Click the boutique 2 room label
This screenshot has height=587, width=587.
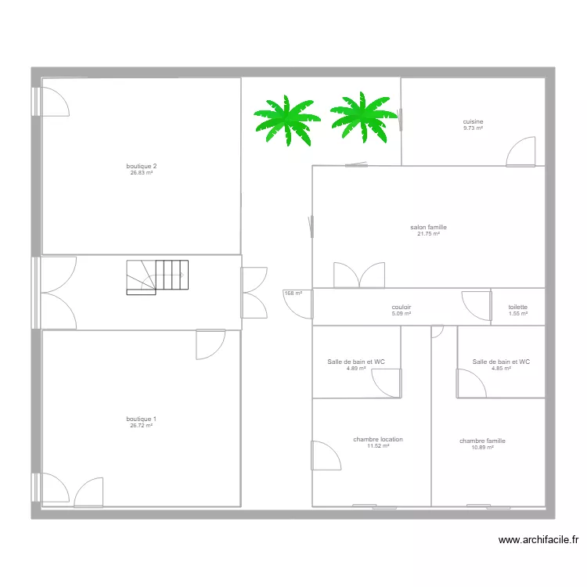(142, 166)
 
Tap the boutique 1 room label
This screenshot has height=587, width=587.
(142, 419)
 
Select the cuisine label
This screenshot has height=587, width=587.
(473, 121)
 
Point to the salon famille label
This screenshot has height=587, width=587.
(428, 227)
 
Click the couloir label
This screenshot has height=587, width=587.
(402, 308)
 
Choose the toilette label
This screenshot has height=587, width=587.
(517, 308)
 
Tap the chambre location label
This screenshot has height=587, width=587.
(378, 439)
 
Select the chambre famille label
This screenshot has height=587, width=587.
(482, 441)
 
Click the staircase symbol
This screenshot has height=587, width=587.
(157, 277)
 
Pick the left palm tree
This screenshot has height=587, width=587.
(286, 120)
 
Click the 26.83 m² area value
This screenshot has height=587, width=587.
(142, 173)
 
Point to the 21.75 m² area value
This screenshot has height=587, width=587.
(428, 234)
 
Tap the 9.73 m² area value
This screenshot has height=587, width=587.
(473, 128)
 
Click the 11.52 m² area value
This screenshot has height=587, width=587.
(378, 446)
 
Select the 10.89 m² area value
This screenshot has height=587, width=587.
(482, 448)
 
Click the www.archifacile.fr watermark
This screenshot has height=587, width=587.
(538, 539)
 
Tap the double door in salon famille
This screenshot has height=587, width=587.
(359, 275)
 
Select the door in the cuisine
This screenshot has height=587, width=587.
(520, 152)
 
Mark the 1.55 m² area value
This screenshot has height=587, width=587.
(517, 314)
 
